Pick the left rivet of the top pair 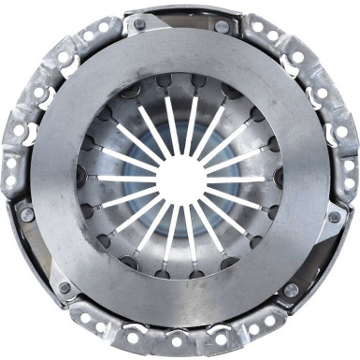(139, 23)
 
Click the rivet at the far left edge (27, 215)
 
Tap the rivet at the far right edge (334, 217)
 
